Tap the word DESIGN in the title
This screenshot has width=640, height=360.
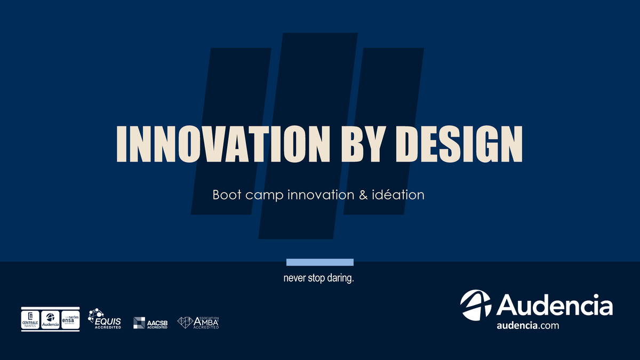(461, 144)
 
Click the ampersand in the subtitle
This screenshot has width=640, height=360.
(349, 195)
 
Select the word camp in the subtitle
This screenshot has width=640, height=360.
(263, 195)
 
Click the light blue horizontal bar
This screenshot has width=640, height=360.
(320, 262)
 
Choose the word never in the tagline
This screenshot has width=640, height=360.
(294, 279)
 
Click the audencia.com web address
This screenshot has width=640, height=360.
(527, 326)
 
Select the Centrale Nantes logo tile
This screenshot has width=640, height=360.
(30, 318)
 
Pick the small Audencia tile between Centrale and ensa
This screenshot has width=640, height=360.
(50, 318)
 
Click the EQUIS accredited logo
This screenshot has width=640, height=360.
(105, 319)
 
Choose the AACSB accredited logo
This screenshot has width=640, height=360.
(150, 322)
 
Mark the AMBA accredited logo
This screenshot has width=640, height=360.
(198, 322)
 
